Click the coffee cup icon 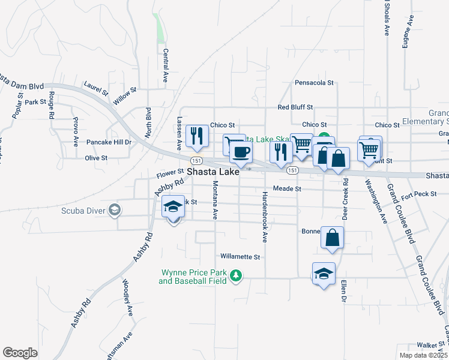coord(241,152)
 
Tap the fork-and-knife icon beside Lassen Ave coord(196,136)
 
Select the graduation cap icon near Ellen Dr coord(324,274)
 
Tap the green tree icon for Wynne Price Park coord(237,276)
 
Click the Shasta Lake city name coord(213,172)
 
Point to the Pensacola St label coord(313,83)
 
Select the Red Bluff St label coord(295,107)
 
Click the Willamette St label coord(240,256)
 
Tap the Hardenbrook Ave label coord(264,217)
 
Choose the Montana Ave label coord(214,202)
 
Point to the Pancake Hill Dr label coord(109,142)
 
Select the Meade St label coord(286,188)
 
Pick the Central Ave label coord(165,65)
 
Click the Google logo coord(20,353)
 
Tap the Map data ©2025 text coord(423,355)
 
